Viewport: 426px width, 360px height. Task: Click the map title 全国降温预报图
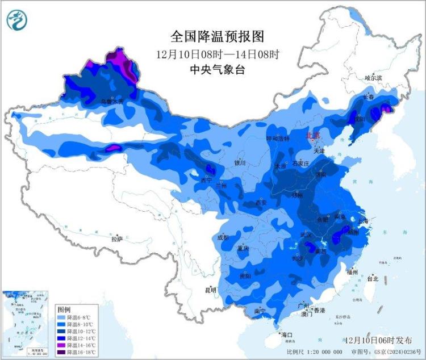point(218,36)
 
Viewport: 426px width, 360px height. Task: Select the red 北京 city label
point(313,136)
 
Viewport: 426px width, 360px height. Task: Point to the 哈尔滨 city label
point(374,77)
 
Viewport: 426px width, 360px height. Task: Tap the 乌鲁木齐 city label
point(111,101)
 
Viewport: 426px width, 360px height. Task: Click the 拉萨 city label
point(116,239)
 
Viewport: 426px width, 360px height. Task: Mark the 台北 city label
point(372,279)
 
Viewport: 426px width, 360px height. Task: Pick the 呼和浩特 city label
point(278,139)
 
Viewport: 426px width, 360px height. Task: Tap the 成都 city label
point(223,237)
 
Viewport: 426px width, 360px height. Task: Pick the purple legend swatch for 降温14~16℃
point(61,345)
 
